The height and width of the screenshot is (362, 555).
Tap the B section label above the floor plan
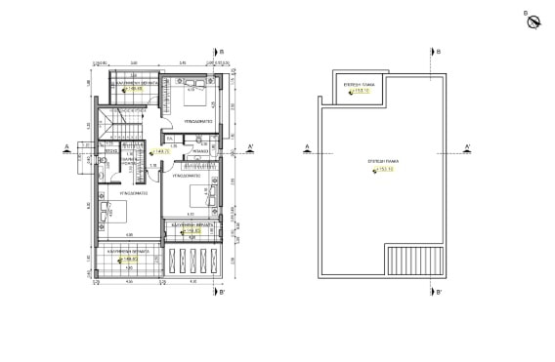[222, 51]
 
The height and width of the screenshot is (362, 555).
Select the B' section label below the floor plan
[222, 292]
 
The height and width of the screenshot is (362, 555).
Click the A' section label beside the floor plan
[251, 147]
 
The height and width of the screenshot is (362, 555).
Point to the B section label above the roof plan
[439, 51]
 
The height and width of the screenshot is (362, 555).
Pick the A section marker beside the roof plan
[308, 147]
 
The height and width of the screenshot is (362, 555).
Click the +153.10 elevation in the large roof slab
[383, 169]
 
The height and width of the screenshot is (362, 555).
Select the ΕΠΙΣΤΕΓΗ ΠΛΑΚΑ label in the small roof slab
[361, 85]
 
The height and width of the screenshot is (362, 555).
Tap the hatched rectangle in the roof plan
[407, 261]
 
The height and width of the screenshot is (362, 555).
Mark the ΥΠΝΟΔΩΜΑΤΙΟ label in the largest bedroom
[127, 194]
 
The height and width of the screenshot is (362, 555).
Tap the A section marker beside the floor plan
[64, 147]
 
